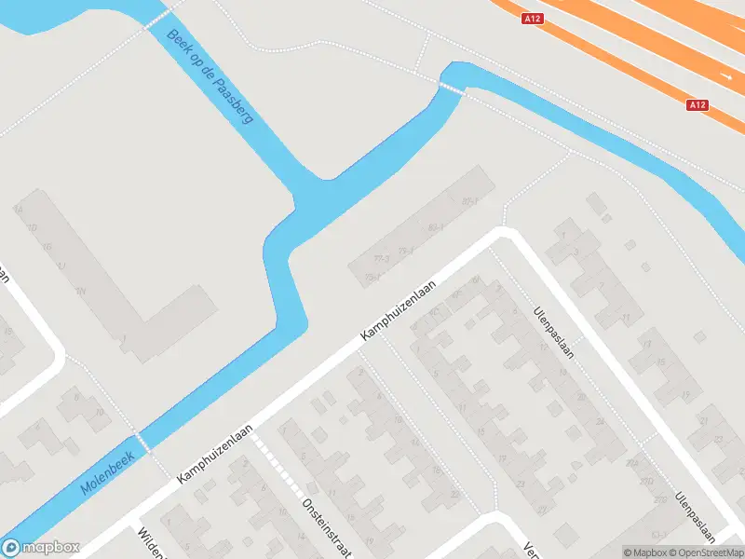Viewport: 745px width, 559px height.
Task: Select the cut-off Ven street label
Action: point(529,549)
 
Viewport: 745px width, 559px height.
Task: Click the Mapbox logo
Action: point(41,548)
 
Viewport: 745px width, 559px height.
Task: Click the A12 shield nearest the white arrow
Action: point(698,105)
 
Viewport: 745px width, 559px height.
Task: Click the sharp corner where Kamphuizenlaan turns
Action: point(504,233)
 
